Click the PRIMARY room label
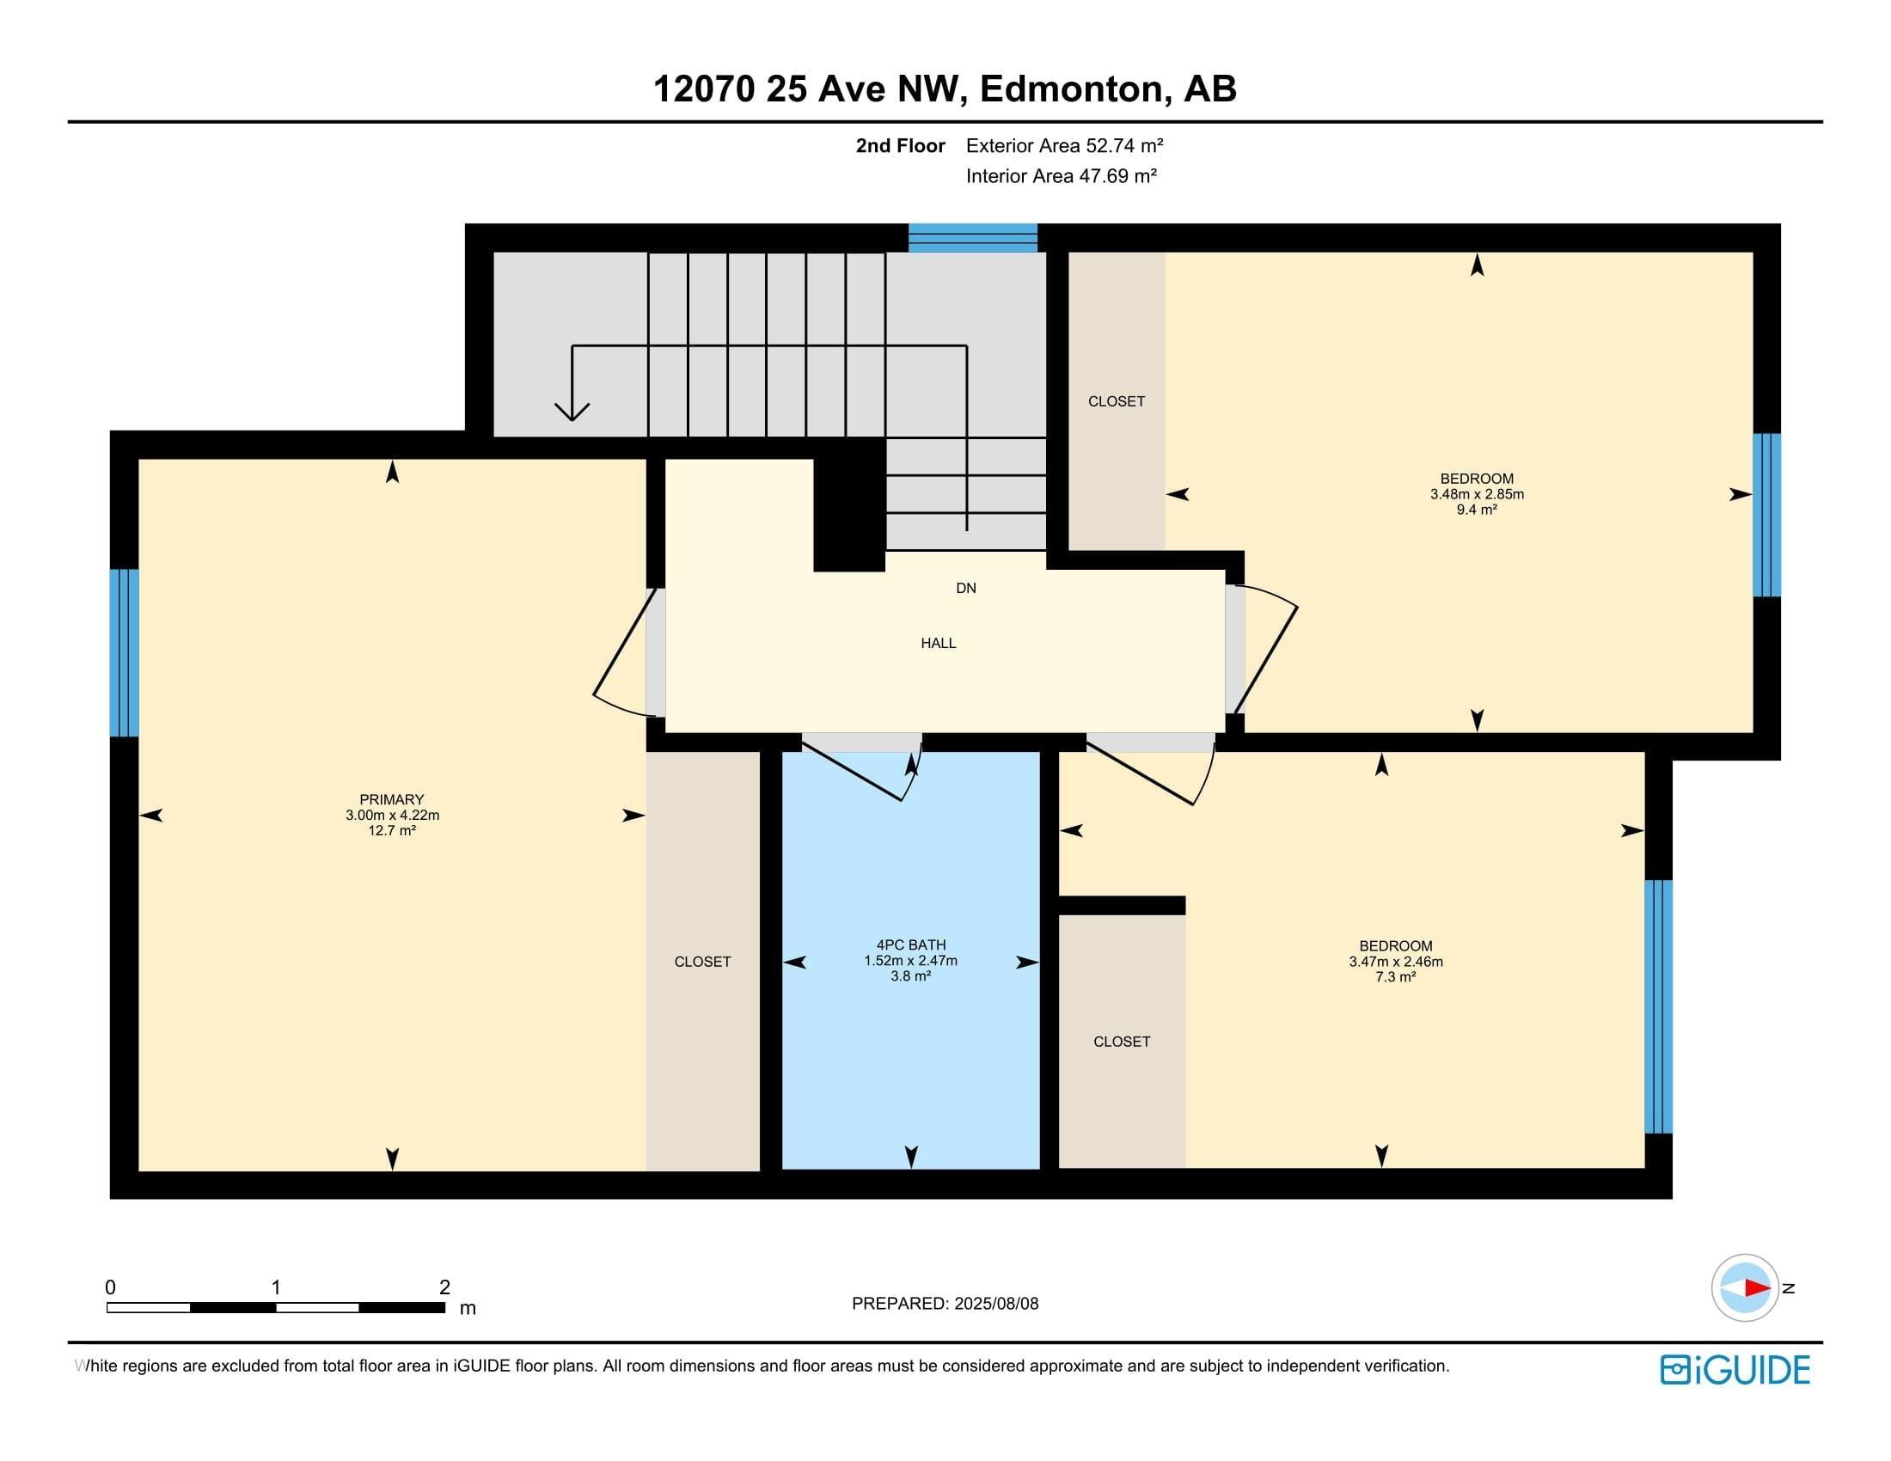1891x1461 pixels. [391, 800]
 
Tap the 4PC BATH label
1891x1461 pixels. [911, 945]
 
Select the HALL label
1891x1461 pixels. [939, 643]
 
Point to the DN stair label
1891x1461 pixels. [966, 589]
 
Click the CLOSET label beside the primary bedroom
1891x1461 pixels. [702, 962]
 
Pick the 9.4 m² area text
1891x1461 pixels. [1476, 510]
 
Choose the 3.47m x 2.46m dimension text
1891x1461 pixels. [1396, 962]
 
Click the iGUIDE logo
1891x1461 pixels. [1735, 1370]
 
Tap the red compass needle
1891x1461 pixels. [1757, 1288]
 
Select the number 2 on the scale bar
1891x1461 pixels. [444, 1287]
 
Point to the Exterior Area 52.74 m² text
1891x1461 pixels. [1064, 145]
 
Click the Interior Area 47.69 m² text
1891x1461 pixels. [1062, 175]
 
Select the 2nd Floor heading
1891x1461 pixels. [901, 145]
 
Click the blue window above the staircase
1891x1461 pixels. [972, 238]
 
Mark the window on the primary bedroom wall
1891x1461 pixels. [124, 652]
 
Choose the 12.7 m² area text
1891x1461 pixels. [391, 831]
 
